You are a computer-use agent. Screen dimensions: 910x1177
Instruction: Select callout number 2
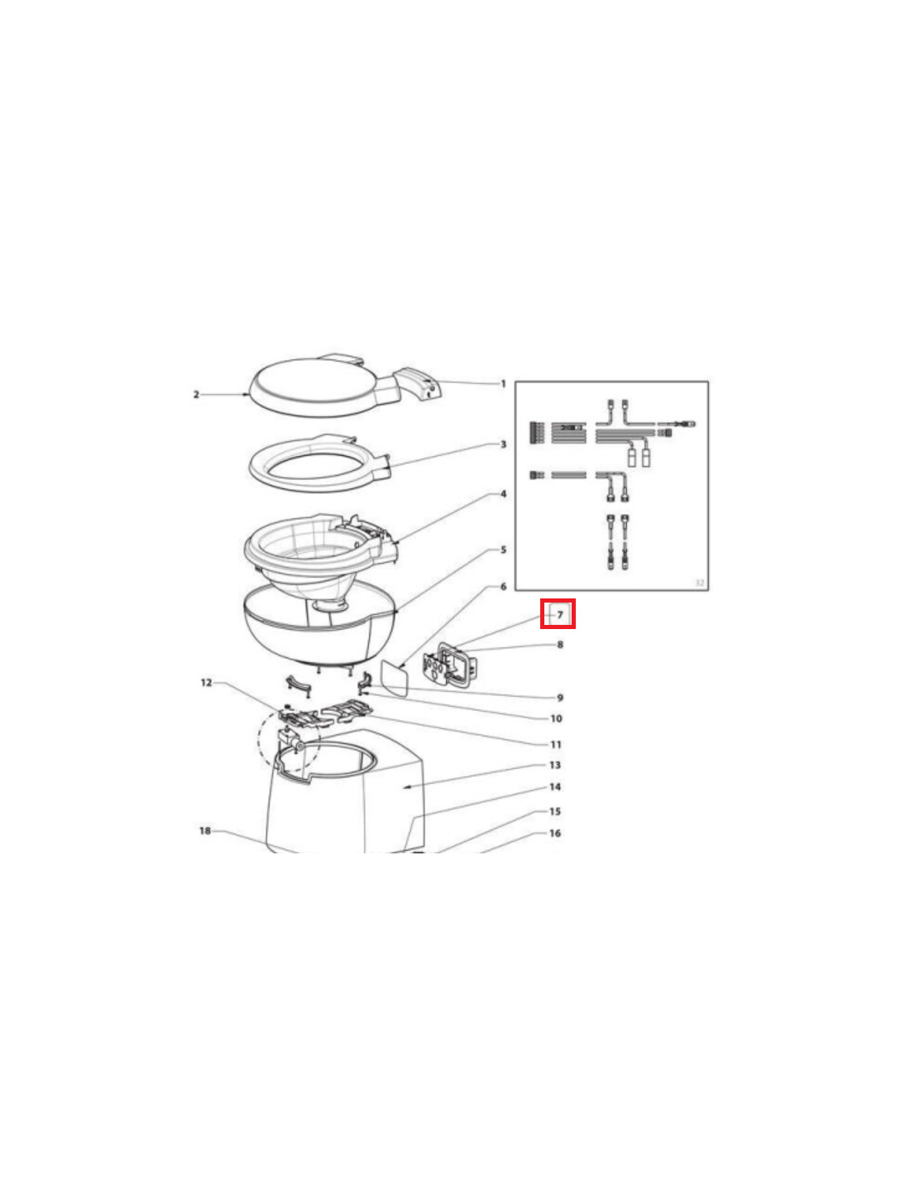(x=197, y=395)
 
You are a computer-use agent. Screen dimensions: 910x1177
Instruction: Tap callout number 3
(x=504, y=444)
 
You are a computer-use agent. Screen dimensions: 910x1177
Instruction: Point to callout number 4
(x=504, y=494)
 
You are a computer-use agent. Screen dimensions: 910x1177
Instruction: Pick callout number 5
(x=504, y=550)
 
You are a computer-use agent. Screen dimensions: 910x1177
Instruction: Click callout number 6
(x=504, y=587)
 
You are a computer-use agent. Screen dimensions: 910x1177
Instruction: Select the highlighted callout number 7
(x=560, y=615)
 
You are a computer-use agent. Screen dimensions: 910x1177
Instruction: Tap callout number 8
(x=560, y=645)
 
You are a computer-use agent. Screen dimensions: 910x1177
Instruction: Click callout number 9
(x=560, y=698)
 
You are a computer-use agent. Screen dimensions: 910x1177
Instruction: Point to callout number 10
(x=557, y=718)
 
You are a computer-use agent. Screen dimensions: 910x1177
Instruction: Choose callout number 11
(x=556, y=745)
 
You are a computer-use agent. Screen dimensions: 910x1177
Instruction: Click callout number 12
(x=206, y=683)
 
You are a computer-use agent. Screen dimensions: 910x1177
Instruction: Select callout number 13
(x=555, y=766)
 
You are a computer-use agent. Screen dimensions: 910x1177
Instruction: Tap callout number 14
(x=555, y=787)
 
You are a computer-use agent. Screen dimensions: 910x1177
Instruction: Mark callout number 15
(x=555, y=811)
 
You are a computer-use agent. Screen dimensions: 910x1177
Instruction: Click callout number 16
(x=555, y=833)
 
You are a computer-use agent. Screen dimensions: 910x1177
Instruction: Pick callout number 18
(x=205, y=830)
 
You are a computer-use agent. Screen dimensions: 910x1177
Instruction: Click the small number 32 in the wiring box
(x=699, y=583)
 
